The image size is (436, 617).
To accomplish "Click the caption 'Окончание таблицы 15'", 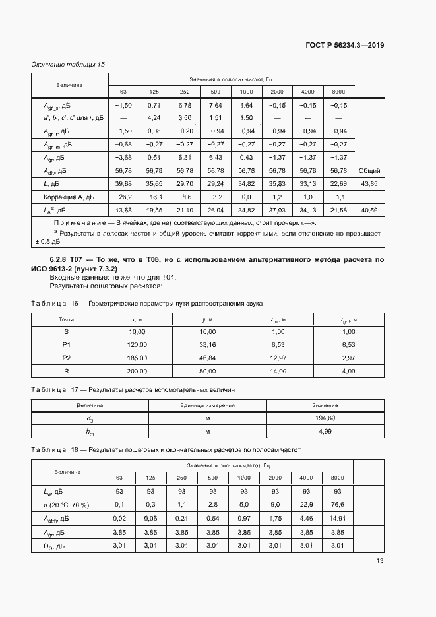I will click(x=69, y=64).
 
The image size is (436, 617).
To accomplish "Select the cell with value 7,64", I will click(x=215, y=105).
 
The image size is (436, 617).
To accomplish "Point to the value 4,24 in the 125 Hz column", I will click(x=154, y=118).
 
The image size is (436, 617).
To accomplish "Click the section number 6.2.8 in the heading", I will click(x=62, y=261).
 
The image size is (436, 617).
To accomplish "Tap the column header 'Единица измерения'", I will click(x=208, y=405).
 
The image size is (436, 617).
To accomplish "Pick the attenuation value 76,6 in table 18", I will click(x=338, y=504).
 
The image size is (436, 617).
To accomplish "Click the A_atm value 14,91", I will click(x=338, y=518).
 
